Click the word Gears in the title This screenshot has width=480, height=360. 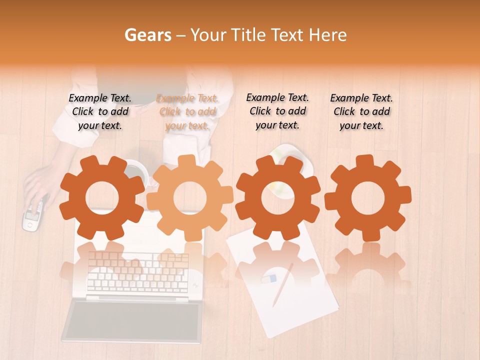[x=148, y=35]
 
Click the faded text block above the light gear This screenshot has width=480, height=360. [x=187, y=112]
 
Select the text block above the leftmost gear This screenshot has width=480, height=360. [x=100, y=112]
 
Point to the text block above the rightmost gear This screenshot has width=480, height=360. [x=361, y=112]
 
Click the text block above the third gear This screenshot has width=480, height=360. [x=277, y=111]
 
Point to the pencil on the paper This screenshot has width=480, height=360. [x=282, y=285]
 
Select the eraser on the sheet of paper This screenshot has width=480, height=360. [x=268, y=278]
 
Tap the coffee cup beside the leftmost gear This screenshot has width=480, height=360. [x=136, y=172]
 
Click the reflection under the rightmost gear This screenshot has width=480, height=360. [x=368, y=265]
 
